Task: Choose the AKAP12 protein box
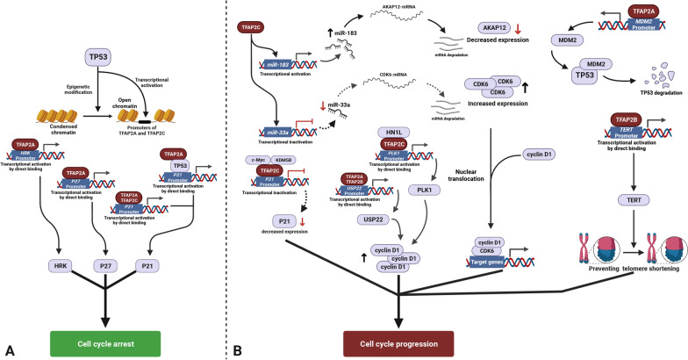[x=491, y=28]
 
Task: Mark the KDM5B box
[x=283, y=160]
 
